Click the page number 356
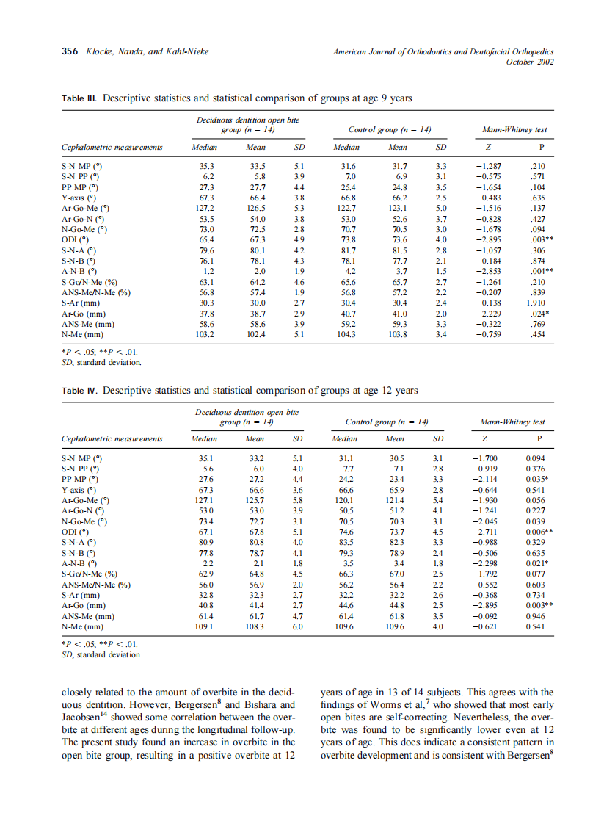(69, 52)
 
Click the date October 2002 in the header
(530, 62)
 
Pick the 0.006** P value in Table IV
(539, 531)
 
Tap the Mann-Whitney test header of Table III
(514, 130)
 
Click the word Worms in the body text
(397, 704)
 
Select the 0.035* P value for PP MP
(539, 479)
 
